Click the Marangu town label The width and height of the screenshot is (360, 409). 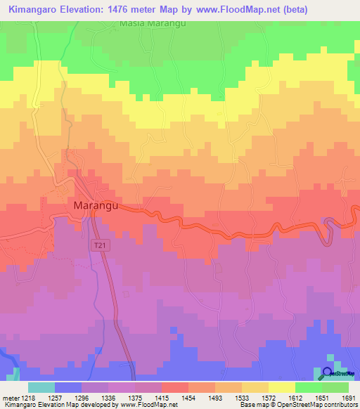(94, 206)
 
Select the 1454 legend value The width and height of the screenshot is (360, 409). (188, 398)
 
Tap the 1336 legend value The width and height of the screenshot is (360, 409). (108, 398)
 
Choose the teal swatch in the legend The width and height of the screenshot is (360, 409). (41, 388)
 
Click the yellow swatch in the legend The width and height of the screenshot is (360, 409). (281, 388)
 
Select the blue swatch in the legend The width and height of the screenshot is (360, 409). (67, 388)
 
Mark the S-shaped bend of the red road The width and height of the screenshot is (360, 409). (327, 231)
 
